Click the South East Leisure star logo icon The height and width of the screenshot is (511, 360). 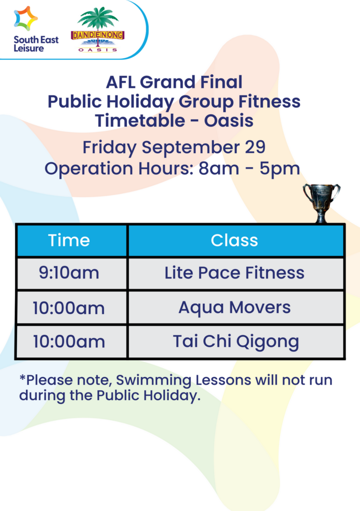(x=25, y=18)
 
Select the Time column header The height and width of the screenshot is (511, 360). (x=69, y=240)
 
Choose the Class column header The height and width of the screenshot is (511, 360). (x=234, y=240)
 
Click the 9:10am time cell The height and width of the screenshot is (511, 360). (x=69, y=273)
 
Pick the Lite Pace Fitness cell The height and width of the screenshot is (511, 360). (x=234, y=273)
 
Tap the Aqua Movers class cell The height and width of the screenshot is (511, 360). (x=234, y=307)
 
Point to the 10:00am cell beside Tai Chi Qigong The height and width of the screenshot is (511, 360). (x=69, y=342)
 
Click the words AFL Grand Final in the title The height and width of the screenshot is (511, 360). (x=174, y=82)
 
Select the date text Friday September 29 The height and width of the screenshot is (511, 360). (x=173, y=148)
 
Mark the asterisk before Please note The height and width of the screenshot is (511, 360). (x=22, y=379)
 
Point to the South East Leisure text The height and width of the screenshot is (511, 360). (x=35, y=44)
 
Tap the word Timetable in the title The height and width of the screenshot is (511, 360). (x=150, y=121)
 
